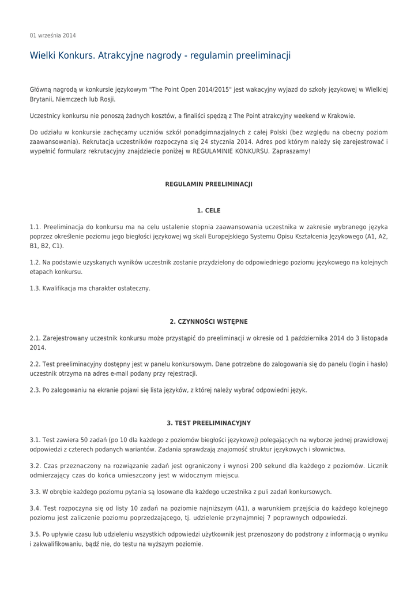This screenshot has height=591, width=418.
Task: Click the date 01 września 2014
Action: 52,35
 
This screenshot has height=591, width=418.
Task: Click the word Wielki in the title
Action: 44,56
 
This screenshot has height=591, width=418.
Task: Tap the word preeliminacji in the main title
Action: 263,56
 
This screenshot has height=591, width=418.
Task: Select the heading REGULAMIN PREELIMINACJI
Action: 209,185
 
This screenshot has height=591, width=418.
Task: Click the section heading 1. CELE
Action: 209,211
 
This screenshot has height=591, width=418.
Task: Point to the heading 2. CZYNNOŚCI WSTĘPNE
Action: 209,321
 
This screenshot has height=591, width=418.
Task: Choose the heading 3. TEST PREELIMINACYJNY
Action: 209,423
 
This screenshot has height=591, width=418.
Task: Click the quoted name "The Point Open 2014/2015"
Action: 190,89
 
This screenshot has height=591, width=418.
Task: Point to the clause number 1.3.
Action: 35,288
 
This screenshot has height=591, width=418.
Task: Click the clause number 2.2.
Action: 35,364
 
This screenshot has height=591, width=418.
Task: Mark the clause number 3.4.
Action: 35,508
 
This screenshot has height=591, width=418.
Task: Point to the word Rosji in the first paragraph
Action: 108,99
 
